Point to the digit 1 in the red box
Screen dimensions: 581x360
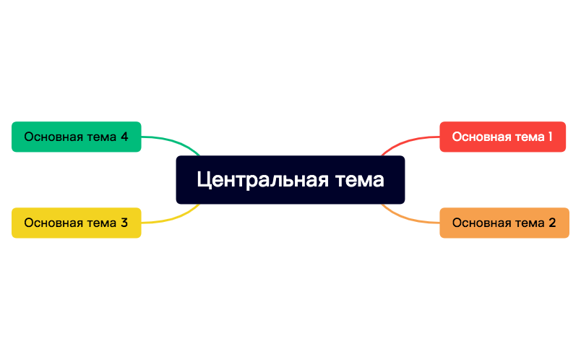point(550,136)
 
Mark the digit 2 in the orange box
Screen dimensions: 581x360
point(552,223)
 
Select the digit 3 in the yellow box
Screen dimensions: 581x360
point(124,223)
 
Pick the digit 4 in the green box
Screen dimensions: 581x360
point(124,136)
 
